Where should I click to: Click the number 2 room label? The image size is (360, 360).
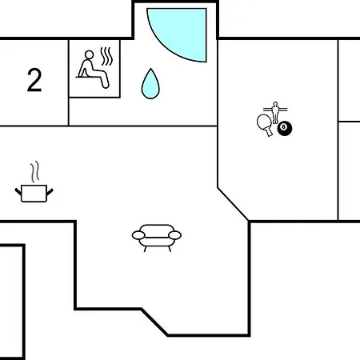34,80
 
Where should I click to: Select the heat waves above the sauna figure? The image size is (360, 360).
106,56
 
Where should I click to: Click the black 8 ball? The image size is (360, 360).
285,129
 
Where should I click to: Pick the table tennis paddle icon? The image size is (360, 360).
265,125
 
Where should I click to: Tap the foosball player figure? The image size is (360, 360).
275,112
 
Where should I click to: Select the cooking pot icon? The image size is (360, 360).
34,194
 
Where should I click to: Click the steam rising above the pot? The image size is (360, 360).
35,171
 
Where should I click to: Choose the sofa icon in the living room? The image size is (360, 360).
157,238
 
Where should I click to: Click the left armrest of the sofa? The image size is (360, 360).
138,235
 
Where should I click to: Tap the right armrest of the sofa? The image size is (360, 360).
175,235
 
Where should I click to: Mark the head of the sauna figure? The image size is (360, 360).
89,54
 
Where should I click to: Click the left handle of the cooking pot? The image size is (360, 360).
18,191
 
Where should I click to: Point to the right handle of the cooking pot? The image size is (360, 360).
50,191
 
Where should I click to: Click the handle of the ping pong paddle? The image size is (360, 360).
269,131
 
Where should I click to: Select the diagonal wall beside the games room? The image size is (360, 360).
233,204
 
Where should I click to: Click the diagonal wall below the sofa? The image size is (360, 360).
154,322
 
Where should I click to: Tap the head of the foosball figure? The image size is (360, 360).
275,103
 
